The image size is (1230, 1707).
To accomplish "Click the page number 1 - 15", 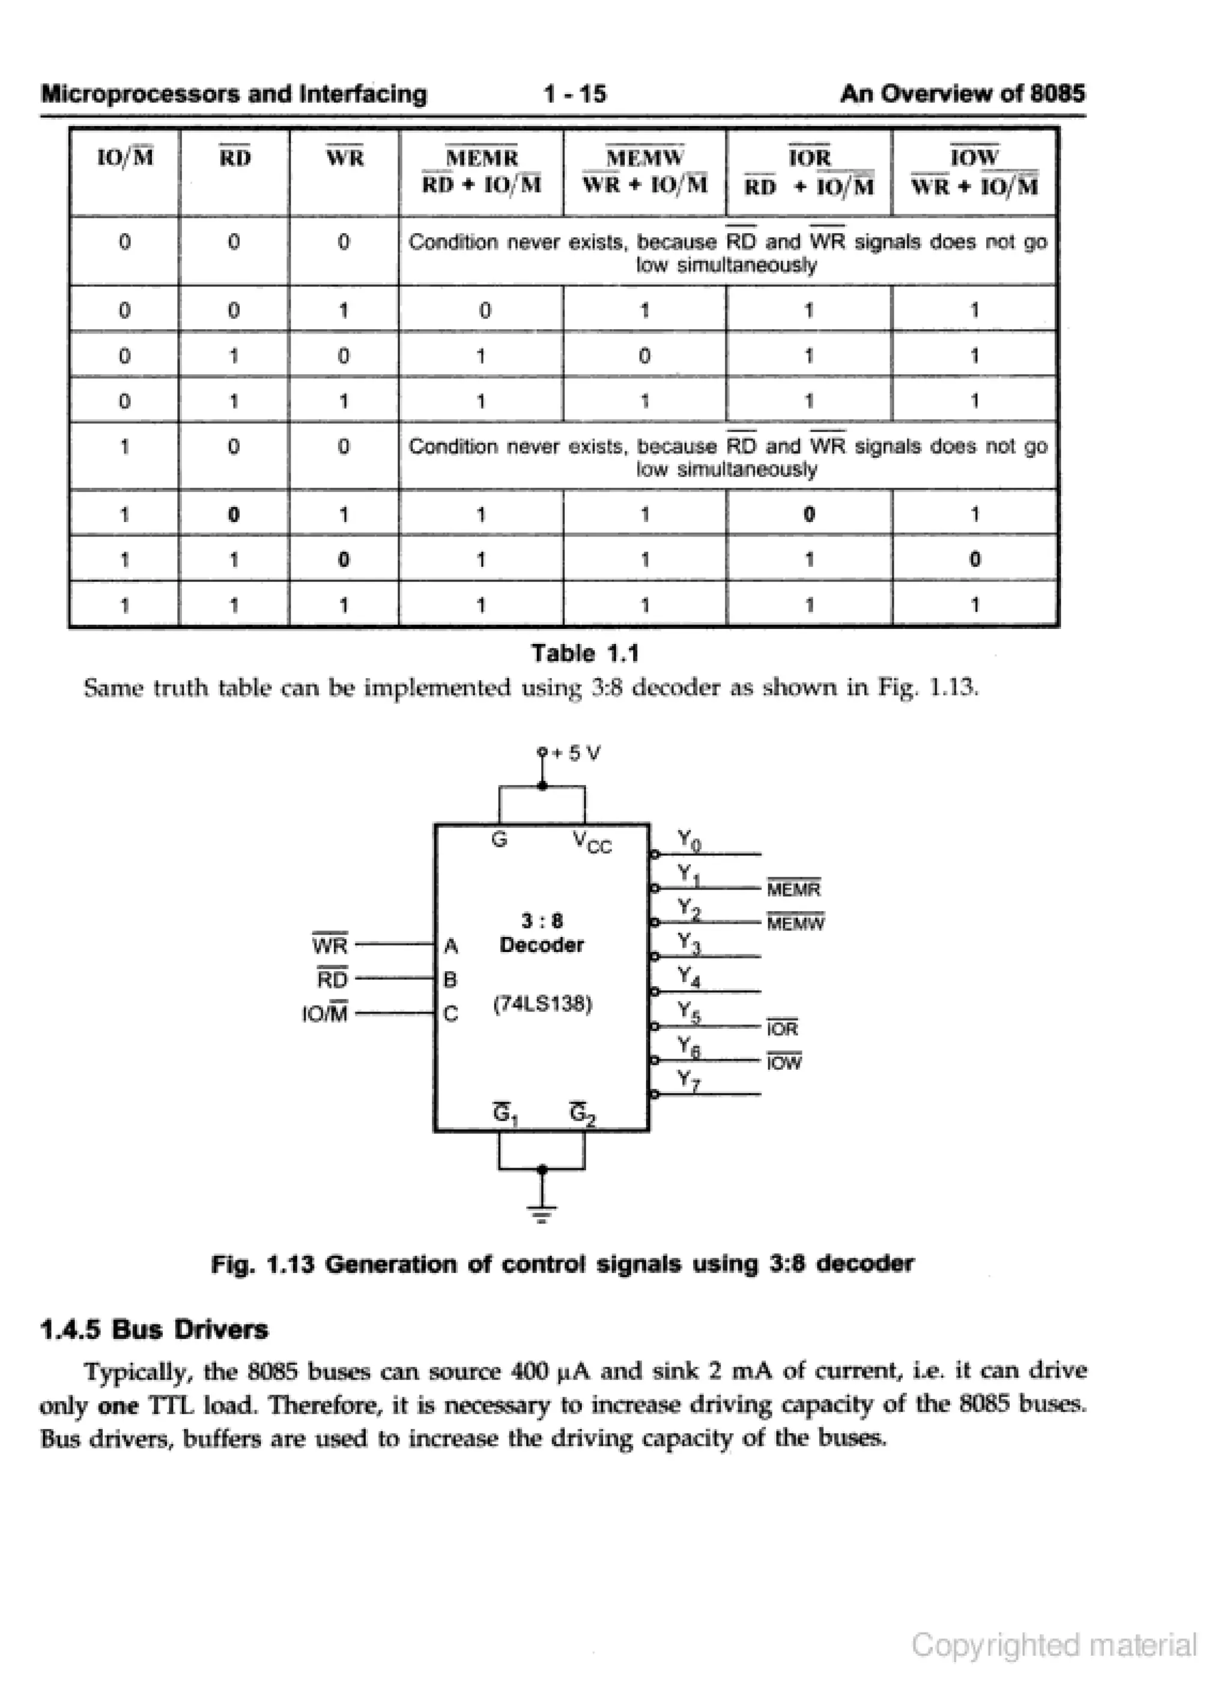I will point(574,94).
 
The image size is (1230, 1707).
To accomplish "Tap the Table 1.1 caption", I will point(585,653).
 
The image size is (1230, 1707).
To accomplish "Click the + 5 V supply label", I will point(577,753).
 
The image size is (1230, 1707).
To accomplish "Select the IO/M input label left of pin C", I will point(325,1014).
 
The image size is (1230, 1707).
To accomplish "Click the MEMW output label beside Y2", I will point(796,923).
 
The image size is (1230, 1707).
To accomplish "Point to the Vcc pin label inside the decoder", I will point(592,841).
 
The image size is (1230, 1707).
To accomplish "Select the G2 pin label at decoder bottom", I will point(583,1113).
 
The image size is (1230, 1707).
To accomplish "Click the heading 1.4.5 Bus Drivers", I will point(154,1330).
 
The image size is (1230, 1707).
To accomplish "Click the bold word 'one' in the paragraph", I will point(118,1405).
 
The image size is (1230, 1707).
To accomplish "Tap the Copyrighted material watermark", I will point(1054,1645).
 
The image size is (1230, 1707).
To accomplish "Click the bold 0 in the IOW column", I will point(975,559).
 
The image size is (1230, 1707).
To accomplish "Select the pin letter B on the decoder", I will point(451,979).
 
